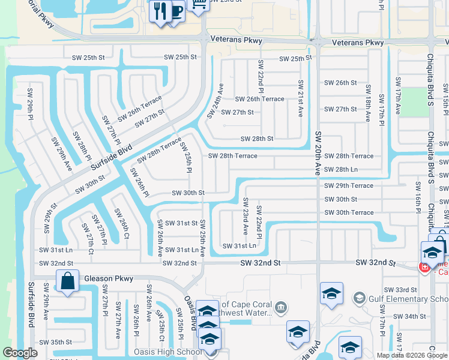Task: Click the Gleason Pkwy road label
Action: click(x=109, y=278)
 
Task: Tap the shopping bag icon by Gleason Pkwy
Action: click(x=68, y=281)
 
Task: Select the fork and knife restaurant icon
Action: click(x=160, y=11)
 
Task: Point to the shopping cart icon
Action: click(x=198, y=4)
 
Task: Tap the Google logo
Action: click(x=20, y=353)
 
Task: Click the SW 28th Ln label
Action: click(x=341, y=170)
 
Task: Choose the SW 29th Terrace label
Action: click(x=349, y=185)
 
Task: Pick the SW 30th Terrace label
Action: click(x=349, y=212)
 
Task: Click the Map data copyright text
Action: click(x=411, y=355)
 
